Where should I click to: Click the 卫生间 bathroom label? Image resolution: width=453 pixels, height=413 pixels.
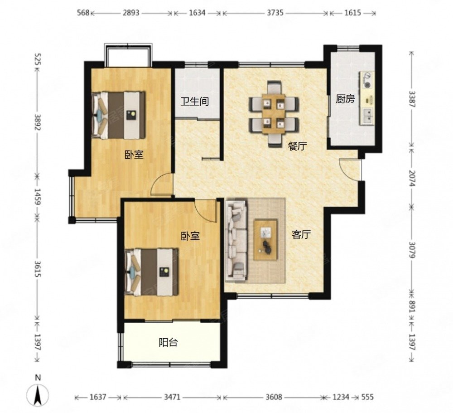tap(195, 102)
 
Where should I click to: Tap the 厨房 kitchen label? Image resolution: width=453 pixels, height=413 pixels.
tap(345, 99)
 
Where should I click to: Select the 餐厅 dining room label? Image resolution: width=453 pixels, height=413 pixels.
tap(297, 146)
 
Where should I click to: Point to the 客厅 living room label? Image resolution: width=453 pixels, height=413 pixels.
tap(301, 234)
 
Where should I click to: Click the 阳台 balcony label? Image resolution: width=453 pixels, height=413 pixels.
tap(168, 342)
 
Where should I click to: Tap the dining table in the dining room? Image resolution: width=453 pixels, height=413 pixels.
tap(274, 114)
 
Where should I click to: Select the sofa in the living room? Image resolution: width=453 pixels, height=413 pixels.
tap(236, 241)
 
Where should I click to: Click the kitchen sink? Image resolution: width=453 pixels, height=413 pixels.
tap(367, 116)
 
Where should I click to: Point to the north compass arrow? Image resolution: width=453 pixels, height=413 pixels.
tap(38, 396)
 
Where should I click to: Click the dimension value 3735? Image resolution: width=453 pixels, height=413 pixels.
tap(275, 13)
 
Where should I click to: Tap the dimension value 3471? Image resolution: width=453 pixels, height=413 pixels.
tap(172, 397)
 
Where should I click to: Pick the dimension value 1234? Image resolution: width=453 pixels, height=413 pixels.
tap(341, 397)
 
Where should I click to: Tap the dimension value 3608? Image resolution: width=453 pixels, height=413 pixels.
tap(274, 397)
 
